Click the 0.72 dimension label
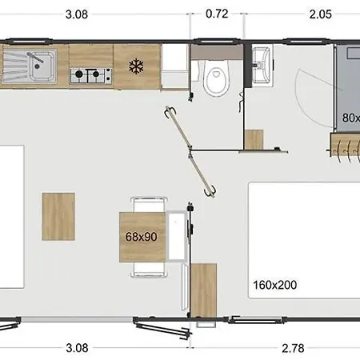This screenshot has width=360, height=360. click(217, 14)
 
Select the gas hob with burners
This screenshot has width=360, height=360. click(90, 76)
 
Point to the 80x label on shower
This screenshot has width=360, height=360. click(350, 118)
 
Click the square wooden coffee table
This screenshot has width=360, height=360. click(58, 216)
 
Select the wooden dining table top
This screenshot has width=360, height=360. click(142, 237)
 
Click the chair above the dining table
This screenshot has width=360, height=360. click(149, 202)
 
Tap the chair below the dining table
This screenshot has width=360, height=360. click(149, 270)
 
